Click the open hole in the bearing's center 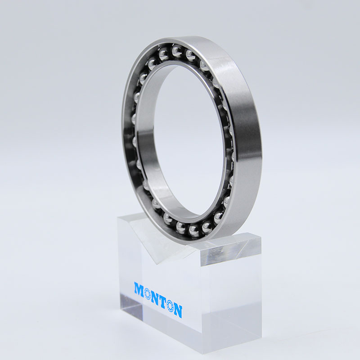point(180,135)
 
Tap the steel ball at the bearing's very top point(176,50)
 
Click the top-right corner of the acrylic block point(260,238)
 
